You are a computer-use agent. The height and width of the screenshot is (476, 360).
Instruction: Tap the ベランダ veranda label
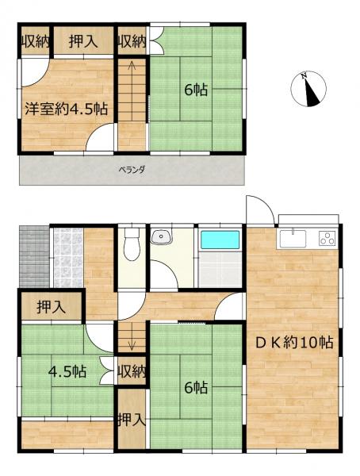point(131,170)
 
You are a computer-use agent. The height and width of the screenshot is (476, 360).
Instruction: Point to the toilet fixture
point(132,244)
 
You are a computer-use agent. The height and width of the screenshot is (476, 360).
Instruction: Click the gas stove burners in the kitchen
point(327,236)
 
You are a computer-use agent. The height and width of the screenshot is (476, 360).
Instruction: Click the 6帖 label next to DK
point(195,388)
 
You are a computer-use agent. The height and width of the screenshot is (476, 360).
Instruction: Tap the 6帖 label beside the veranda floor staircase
point(195,90)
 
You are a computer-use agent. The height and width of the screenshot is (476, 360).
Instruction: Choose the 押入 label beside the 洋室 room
point(82,42)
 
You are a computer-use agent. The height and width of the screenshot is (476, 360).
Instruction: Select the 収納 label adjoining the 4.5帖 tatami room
point(132,371)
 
